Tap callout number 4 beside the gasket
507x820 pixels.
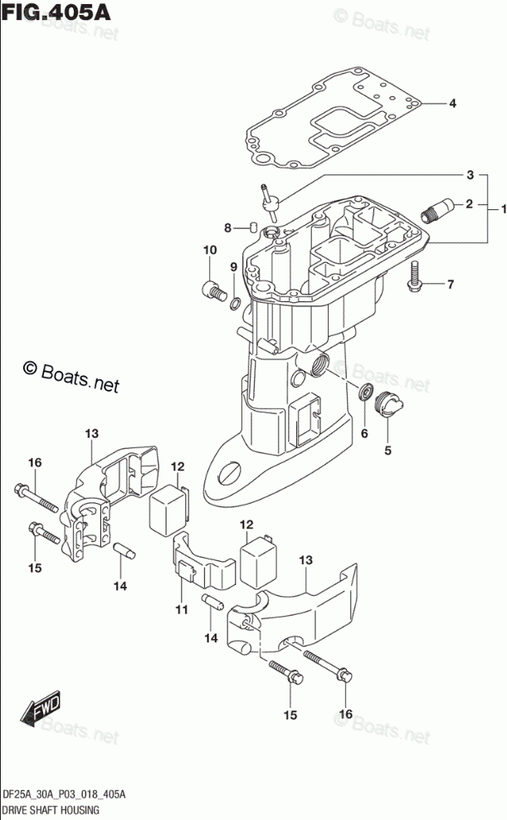pyautogui.click(x=452, y=104)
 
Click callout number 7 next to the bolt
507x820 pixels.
pyautogui.click(x=451, y=286)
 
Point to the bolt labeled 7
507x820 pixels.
pyautogui.click(x=414, y=277)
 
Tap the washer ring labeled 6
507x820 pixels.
pyautogui.click(x=365, y=392)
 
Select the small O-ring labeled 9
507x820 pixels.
pyautogui.click(x=236, y=302)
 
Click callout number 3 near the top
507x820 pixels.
pyautogui.click(x=470, y=175)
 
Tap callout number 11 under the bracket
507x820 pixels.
pyautogui.click(x=181, y=610)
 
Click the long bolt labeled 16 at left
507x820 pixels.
pyautogui.click(x=37, y=496)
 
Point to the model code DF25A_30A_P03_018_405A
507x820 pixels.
pyautogui.click(x=63, y=794)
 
